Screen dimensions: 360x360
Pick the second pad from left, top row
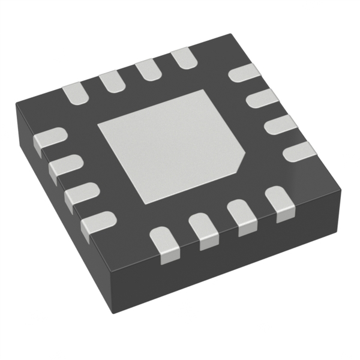pos(110,82)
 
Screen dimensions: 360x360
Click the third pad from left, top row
pos(146,70)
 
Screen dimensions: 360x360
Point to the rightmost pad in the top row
pos(184,58)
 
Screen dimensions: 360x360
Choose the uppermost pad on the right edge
pos(245,74)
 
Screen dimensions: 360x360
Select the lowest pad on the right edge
pos(296,151)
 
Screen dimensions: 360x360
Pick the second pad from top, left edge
pos(64,166)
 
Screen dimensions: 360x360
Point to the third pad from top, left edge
pos(80,194)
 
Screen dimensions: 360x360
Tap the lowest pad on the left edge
pos(97,224)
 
